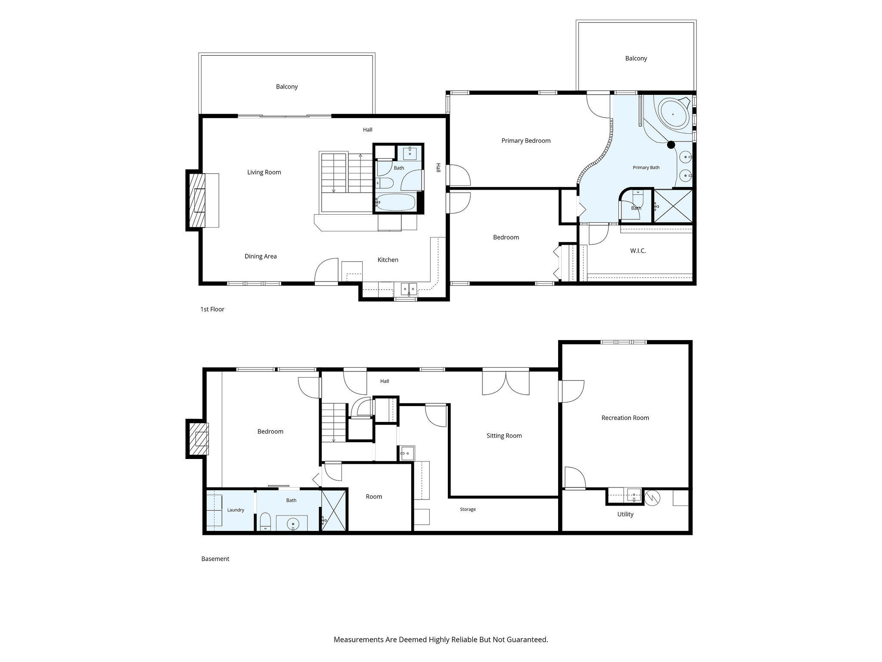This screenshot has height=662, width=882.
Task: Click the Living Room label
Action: click(264, 172)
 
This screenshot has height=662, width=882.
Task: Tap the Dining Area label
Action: click(261, 256)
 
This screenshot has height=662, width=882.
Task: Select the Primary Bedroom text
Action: click(526, 141)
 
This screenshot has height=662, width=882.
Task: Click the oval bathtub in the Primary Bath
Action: click(674, 113)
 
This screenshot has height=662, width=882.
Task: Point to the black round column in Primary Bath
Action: click(671, 145)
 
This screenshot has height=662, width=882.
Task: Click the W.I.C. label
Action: click(638, 251)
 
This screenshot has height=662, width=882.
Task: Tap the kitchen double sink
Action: click(409, 288)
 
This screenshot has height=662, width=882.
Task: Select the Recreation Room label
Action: click(625, 418)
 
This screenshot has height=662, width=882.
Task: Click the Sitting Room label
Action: click(504, 436)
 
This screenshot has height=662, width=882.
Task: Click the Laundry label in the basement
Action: click(236, 510)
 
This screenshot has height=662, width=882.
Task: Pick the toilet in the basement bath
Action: click(265, 522)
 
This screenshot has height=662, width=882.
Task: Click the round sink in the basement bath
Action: click(293, 524)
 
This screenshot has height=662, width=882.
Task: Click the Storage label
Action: click(468, 509)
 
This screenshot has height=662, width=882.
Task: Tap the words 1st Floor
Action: click(212, 309)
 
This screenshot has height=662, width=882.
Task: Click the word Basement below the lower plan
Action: click(215, 559)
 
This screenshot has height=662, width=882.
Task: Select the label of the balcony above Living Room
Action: click(287, 87)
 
